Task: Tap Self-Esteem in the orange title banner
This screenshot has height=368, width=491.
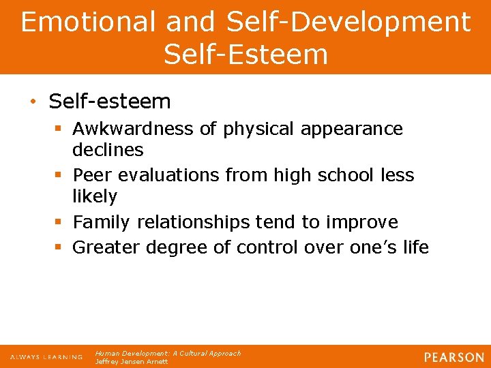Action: pos(245,55)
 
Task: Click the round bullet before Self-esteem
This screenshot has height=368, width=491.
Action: pos(32,102)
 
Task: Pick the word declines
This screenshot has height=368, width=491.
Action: pos(108,149)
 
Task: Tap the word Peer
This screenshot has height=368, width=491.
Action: pos(93,175)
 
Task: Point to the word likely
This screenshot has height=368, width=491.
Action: pos(95,196)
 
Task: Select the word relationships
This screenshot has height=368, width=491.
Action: pos(194,222)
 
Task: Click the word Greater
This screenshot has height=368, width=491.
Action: pos(108,247)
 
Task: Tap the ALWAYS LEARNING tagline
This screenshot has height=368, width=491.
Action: pos(46,357)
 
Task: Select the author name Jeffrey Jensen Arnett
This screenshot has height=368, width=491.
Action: pos(132,362)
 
